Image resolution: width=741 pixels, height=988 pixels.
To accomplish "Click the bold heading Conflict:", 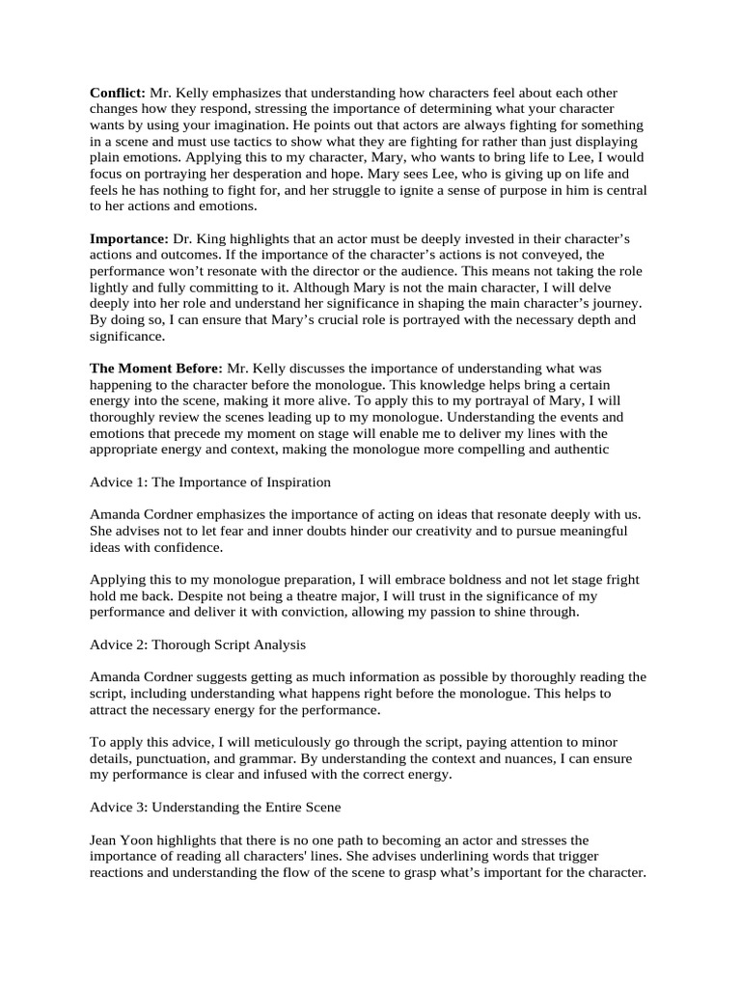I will [x=118, y=93].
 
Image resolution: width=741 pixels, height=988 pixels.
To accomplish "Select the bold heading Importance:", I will [x=128, y=238].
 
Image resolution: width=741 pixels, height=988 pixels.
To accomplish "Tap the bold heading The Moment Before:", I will [x=156, y=368].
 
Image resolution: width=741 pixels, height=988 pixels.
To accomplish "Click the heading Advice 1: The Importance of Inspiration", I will [x=210, y=481].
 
